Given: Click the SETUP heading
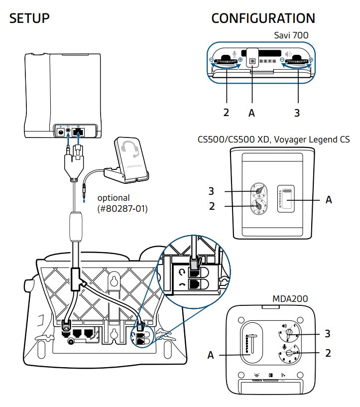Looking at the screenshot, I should [30, 18].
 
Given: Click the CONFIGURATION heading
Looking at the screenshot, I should [263, 18].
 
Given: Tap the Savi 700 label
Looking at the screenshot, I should [291, 35].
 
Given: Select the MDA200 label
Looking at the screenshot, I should [290, 298].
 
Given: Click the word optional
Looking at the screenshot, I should [113, 198].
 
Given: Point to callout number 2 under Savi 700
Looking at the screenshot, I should [226, 113].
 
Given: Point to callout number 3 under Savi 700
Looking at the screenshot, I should [297, 113].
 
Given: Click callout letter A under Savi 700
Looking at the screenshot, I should [251, 113].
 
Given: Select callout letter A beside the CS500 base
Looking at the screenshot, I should [329, 200].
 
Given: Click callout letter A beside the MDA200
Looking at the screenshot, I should [211, 355].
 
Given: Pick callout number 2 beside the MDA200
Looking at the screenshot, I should [328, 353].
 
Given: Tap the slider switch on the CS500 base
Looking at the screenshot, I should [287, 199].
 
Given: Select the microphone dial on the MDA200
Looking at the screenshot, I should [289, 353].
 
